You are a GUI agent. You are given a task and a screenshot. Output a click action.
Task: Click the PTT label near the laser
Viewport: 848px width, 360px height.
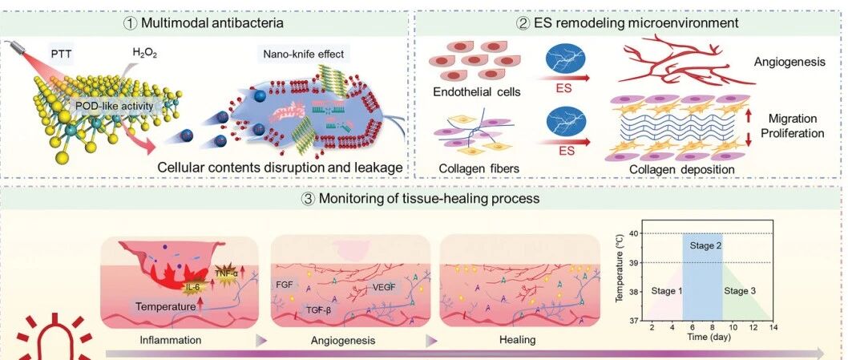pyautogui.click(x=61, y=54)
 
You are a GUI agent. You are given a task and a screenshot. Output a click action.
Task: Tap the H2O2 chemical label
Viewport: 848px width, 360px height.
pyautogui.click(x=144, y=53)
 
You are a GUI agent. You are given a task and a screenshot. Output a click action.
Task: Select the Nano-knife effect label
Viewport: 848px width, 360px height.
pyautogui.click(x=304, y=55)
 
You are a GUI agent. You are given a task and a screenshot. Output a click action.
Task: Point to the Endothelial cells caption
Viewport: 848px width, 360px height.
pyautogui.click(x=476, y=92)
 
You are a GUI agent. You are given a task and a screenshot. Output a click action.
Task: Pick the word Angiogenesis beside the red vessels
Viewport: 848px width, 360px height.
pyautogui.click(x=789, y=63)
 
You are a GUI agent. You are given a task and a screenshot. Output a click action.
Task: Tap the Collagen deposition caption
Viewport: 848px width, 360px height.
pyautogui.click(x=681, y=169)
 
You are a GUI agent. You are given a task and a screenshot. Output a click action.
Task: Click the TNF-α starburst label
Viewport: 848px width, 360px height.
pyautogui.click(x=227, y=274)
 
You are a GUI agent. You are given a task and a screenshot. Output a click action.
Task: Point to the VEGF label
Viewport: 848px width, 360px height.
pyautogui.click(x=385, y=286)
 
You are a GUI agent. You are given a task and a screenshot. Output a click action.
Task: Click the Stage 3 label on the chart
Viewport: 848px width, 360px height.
pyautogui.click(x=740, y=291)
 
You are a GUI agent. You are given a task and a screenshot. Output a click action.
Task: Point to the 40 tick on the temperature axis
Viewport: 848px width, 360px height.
pyautogui.click(x=633, y=233)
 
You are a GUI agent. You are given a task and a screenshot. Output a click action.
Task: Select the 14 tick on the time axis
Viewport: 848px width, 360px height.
pyautogui.click(x=773, y=327)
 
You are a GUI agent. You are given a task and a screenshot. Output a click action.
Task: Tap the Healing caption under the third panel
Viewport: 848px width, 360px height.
pyautogui.click(x=518, y=340)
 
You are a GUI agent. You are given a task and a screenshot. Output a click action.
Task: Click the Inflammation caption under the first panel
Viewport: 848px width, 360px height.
pyautogui.click(x=171, y=340)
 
